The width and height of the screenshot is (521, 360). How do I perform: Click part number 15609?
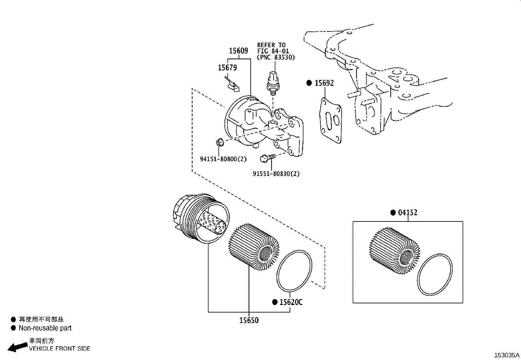pos(238,51)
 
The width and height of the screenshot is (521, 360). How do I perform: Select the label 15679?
pos(227,68)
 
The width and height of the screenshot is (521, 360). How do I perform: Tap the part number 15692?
pos(324,83)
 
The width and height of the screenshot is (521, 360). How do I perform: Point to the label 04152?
pos(408,213)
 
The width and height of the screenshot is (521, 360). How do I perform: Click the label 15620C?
pos(291,302)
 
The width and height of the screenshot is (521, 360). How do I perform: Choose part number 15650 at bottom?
pos(249,320)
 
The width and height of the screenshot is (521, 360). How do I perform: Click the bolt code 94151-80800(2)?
pos(223,159)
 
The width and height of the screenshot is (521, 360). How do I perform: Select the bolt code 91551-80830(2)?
pos(276,174)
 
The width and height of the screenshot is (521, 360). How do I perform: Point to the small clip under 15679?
pos(233,84)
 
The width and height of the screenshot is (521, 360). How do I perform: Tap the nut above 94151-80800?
pos(220,142)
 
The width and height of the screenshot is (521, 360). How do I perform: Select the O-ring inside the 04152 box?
pos(435,275)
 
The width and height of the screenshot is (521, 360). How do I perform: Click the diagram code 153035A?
pos(507,355)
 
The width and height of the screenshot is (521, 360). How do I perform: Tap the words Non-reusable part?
pos(45,328)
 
